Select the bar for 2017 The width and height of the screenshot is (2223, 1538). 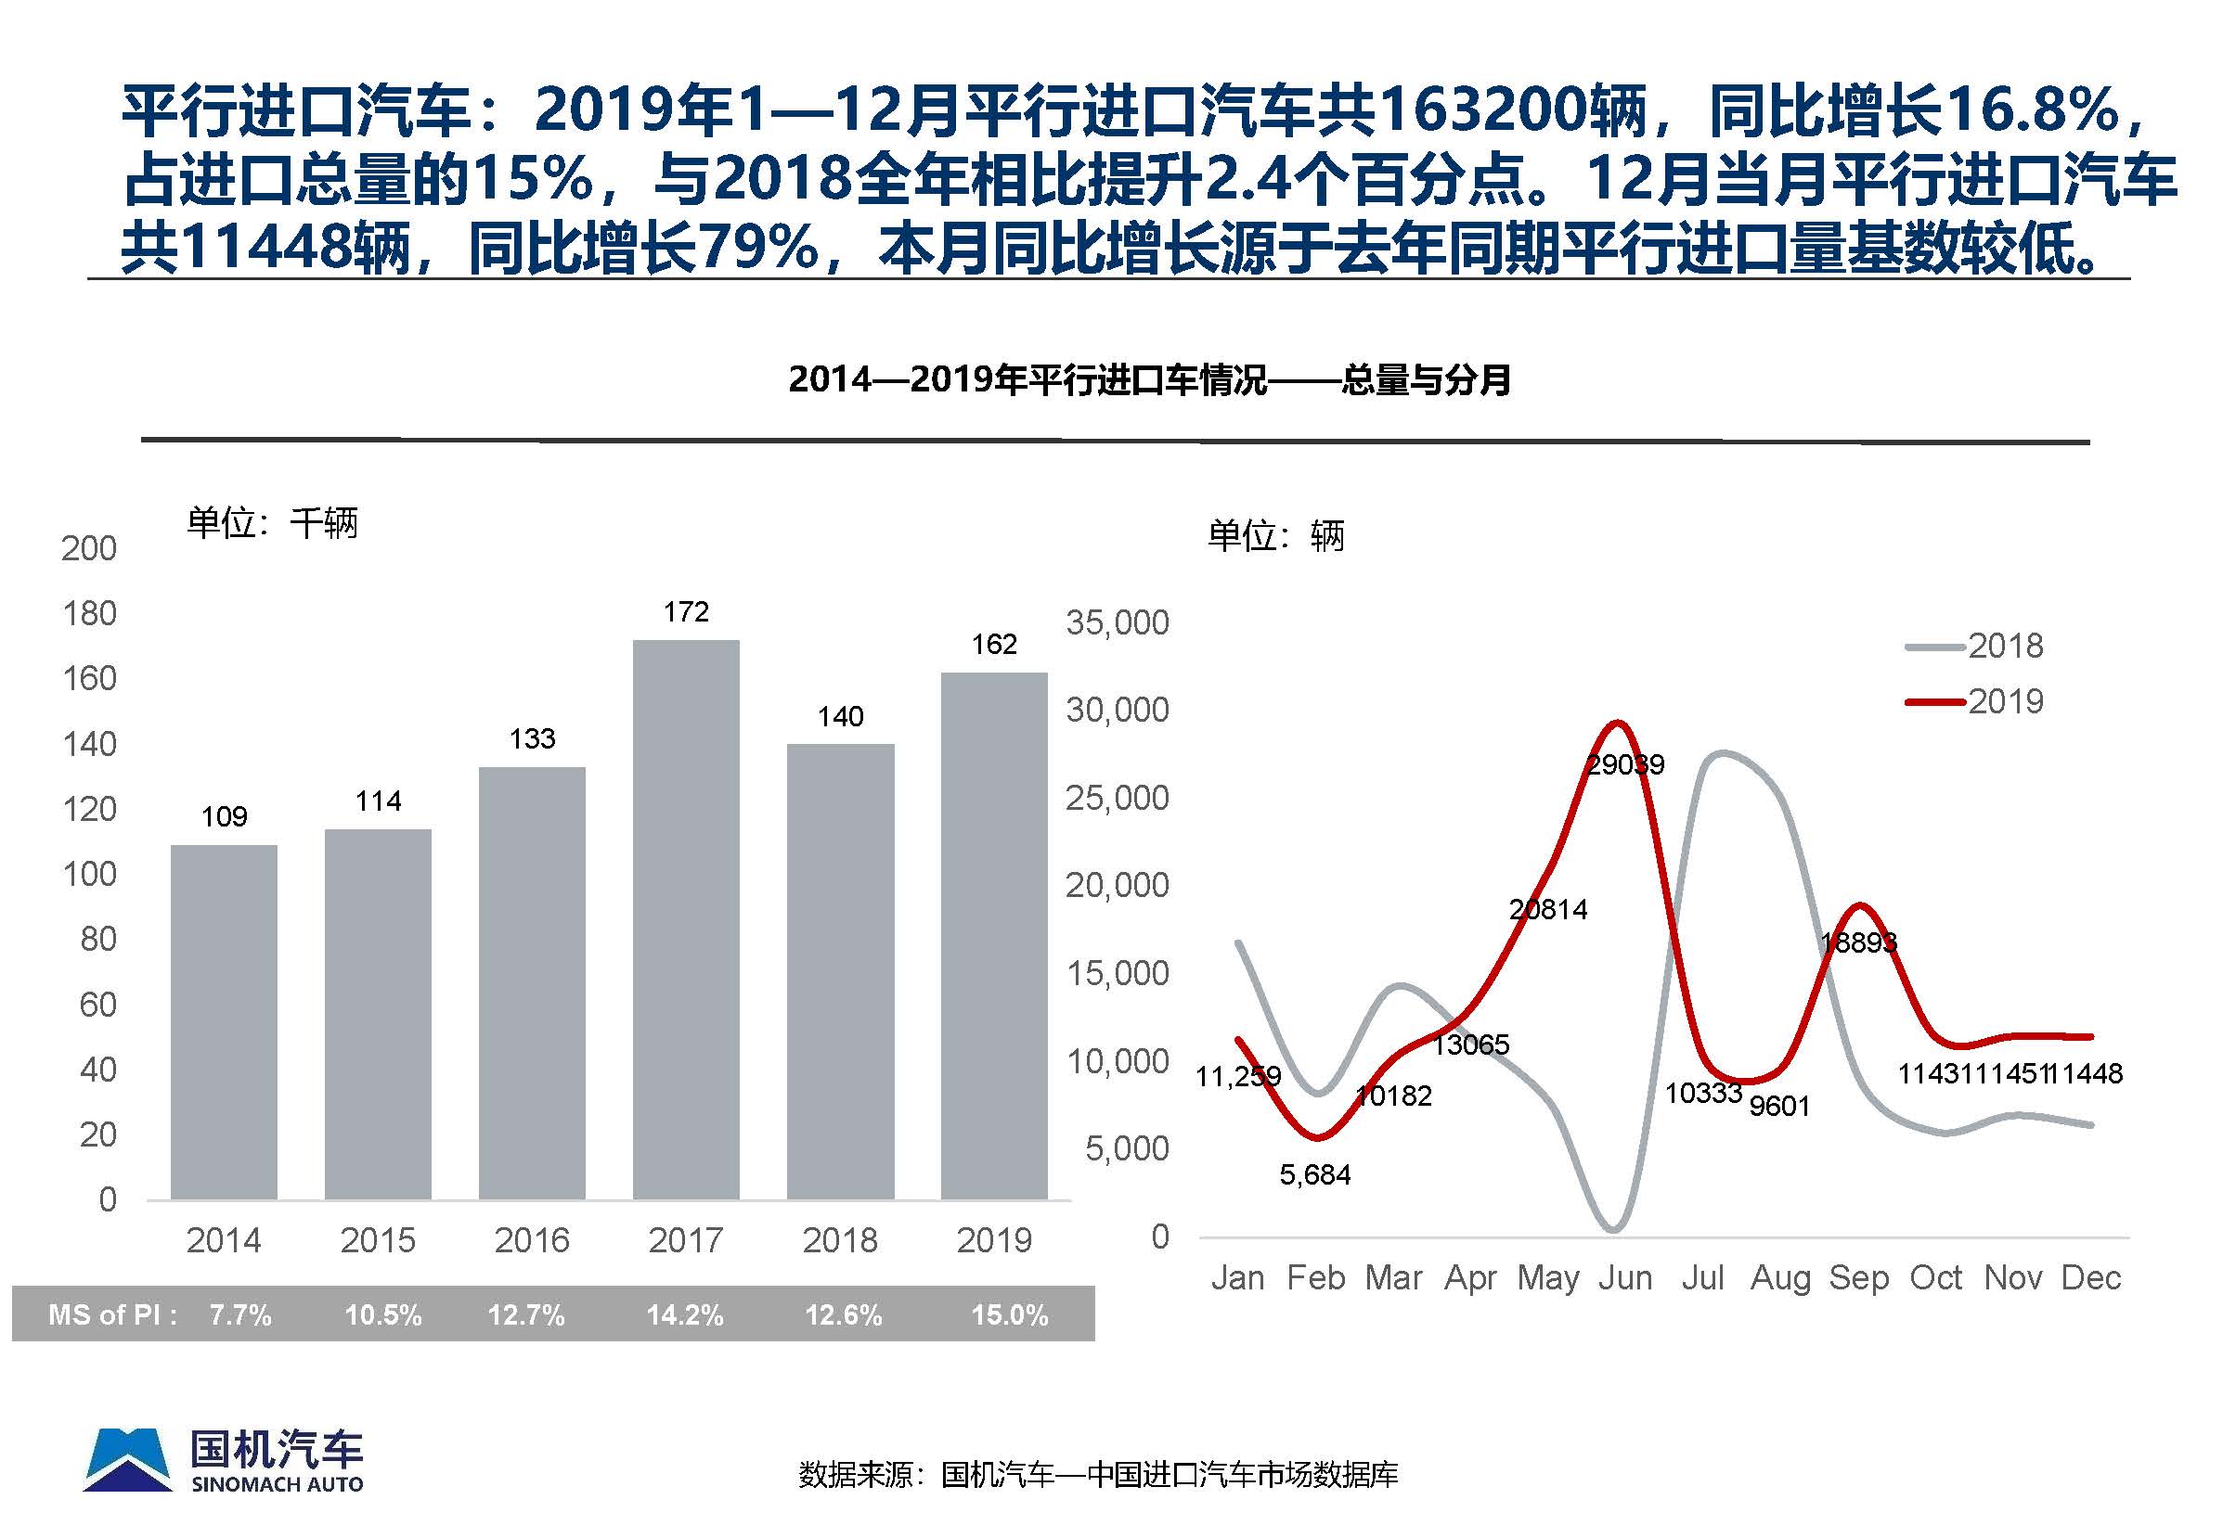[685, 919]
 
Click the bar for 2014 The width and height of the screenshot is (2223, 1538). [224, 1021]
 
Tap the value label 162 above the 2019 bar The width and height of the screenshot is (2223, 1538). [994, 644]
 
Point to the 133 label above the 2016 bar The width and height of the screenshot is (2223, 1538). [532, 739]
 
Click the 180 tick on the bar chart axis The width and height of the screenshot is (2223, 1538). [89, 614]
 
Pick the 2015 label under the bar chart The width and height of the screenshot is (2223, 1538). [378, 1240]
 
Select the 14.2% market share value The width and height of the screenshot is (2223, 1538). [684, 1315]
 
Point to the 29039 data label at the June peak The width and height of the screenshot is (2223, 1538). [1625, 765]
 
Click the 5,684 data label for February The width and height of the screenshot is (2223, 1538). [1315, 1174]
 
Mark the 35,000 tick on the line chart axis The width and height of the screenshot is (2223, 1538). [1118, 623]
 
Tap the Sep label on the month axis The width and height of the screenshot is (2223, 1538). [1857, 1278]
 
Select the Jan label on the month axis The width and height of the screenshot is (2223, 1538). [1237, 1278]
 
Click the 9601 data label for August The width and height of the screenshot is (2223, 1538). [1779, 1107]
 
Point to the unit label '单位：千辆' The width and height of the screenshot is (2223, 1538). [272, 523]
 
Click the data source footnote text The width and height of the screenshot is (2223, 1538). [1098, 1474]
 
